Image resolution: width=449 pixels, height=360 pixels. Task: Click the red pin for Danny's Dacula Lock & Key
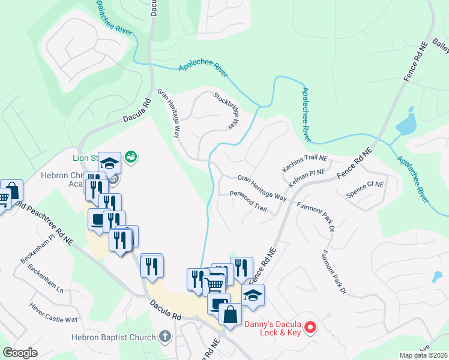pos(310,327)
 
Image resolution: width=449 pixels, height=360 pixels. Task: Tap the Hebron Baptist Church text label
pos(114,337)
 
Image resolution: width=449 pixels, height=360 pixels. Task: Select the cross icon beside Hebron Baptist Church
pos(166,337)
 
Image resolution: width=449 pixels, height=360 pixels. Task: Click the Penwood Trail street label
pos(248,201)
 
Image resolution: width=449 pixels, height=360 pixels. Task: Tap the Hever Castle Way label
pos(54,312)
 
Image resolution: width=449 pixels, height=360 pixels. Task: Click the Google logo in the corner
pos(20,353)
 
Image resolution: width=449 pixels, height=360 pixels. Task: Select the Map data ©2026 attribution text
pos(423,355)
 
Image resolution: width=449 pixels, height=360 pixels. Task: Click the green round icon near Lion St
pos(131,157)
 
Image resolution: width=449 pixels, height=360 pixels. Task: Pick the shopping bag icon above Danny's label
pos(230,313)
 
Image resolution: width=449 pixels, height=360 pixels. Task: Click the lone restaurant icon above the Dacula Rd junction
pos(151,265)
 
